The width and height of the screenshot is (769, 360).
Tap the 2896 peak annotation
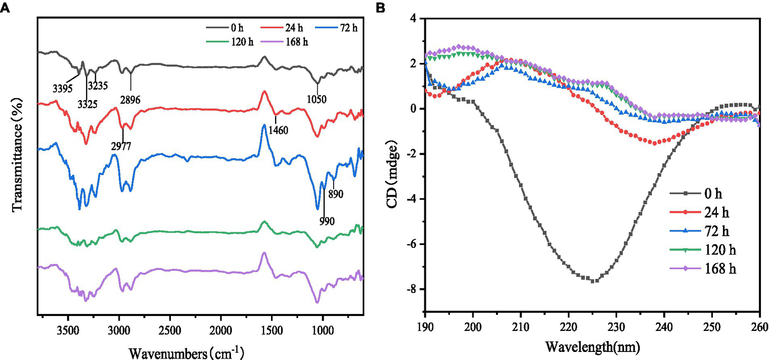point(130,99)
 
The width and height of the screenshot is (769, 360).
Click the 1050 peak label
point(317,99)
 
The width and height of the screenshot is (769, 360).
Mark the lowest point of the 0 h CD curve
point(593,281)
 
